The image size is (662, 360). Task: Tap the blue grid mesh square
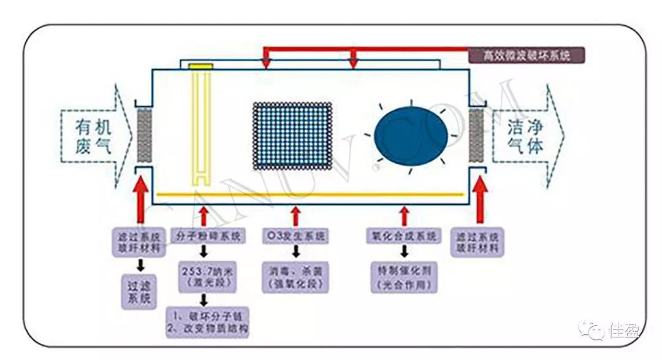click(x=292, y=136)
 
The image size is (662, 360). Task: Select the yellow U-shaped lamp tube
click(x=201, y=123)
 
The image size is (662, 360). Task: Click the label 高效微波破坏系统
click(x=527, y=56)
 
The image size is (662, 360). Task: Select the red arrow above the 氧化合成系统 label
click(x=403, y=216)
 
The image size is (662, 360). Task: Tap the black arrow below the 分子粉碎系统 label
click(x=205, y=251)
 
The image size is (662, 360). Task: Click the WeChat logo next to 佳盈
click(x=594, y=331)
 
